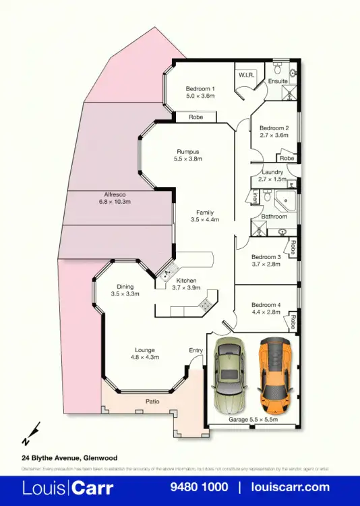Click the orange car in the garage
tap(275, 376)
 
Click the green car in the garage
tap(228, 376)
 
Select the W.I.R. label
tap(245, 75)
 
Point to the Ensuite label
tap(278, 81)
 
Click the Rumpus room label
tap(188, 151)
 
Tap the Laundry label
tap(272, 172)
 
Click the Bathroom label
tap(274, 216)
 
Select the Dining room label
tap(125, 286)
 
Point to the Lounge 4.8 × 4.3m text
tap(145, 353)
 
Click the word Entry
tap(196, 350)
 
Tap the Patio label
tap(152, 401)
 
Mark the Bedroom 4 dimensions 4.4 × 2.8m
tap(266, 312)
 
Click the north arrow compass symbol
tap(31, 434)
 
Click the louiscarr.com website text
tap(291, 487)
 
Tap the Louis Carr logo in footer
tap(68, 487)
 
